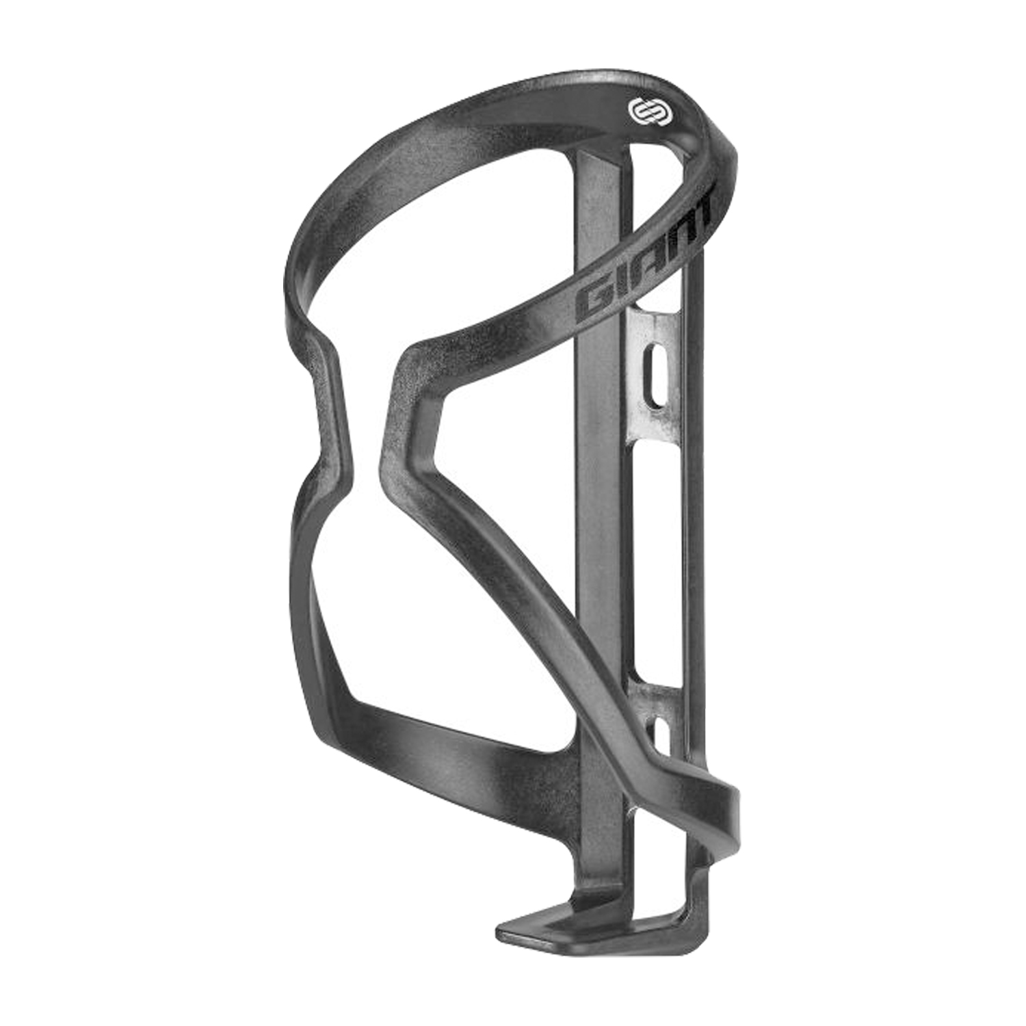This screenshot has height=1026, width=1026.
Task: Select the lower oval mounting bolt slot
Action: click(660, 735)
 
